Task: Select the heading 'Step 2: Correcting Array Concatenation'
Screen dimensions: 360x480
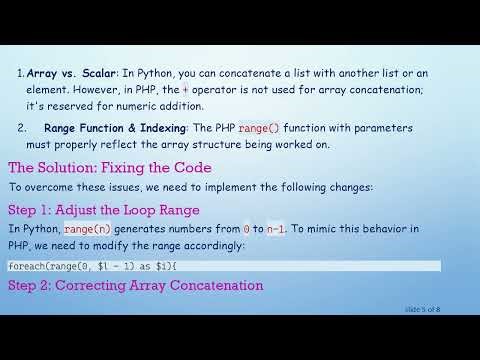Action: point(135,286)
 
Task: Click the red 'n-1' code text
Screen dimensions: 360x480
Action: point(275,229)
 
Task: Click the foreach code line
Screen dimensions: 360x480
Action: point(92,266)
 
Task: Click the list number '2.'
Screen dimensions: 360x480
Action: point(22,129)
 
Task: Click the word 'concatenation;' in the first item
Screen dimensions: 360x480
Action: point(397,90)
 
